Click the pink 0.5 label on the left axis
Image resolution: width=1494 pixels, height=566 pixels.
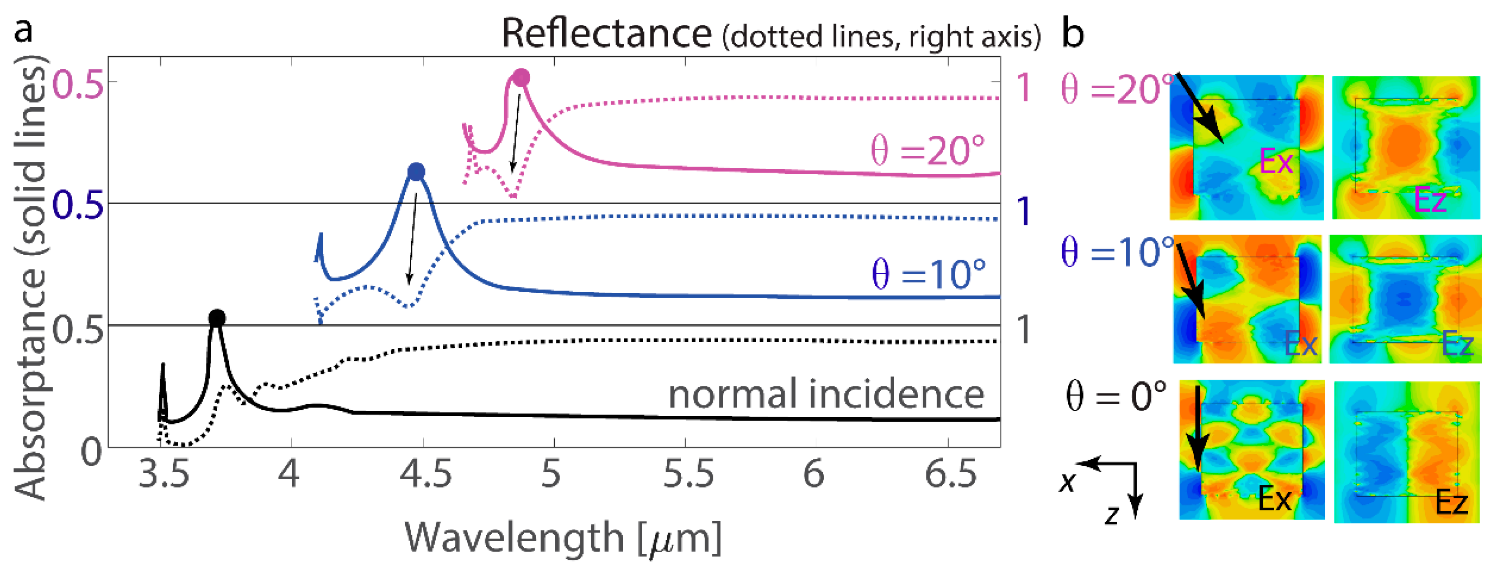(78, 86)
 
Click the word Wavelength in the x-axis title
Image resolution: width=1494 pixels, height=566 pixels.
(514, 537)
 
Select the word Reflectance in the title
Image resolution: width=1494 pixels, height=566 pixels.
(606, 33)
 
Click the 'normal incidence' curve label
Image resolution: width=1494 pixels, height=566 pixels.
(826, 395)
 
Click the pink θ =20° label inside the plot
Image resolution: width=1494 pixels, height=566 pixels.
(928, 150)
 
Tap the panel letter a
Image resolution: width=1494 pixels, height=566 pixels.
(23, 29)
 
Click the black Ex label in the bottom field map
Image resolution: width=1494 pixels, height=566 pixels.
(1275, 498)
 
